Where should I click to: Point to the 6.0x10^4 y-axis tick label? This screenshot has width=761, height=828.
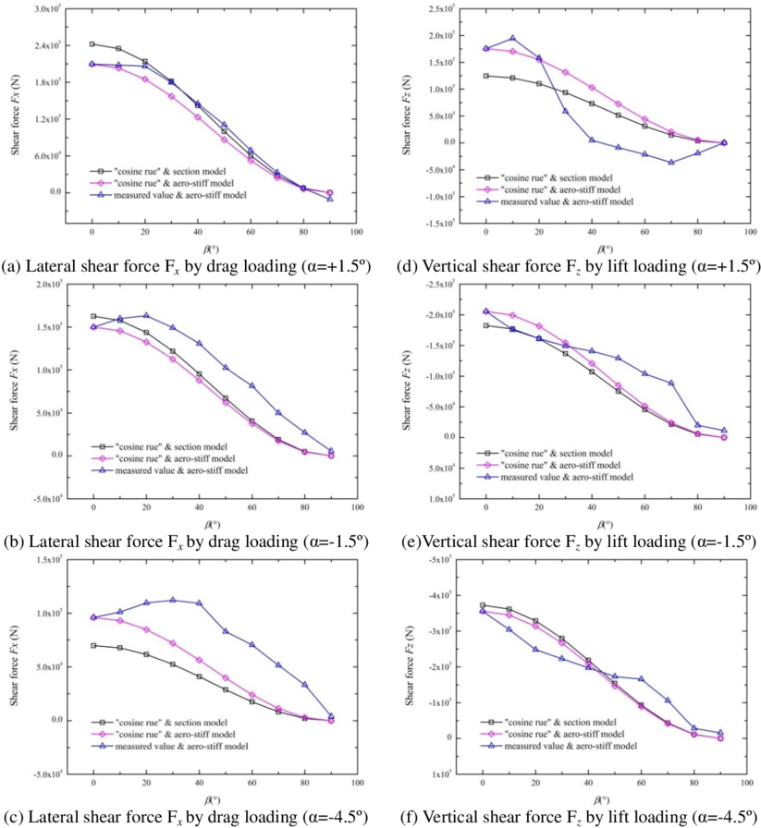[49, 155]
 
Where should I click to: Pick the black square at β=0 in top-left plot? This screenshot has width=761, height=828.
[92, 44]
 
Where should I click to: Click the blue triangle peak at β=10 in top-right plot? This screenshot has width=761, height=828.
[512, 39]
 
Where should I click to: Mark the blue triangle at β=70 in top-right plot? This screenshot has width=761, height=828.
[671, 162]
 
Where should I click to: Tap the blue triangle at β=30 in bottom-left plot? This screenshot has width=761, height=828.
[172, 600]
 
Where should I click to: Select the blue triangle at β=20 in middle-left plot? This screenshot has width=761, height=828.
[146, 315]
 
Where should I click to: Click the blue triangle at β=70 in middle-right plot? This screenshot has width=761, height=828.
[671, 383]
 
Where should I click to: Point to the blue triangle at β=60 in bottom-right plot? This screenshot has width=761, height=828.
[641, 678]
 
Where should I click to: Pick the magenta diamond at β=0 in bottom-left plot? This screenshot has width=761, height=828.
[93, 617]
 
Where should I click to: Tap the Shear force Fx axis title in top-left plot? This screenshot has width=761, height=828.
[17, 116]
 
